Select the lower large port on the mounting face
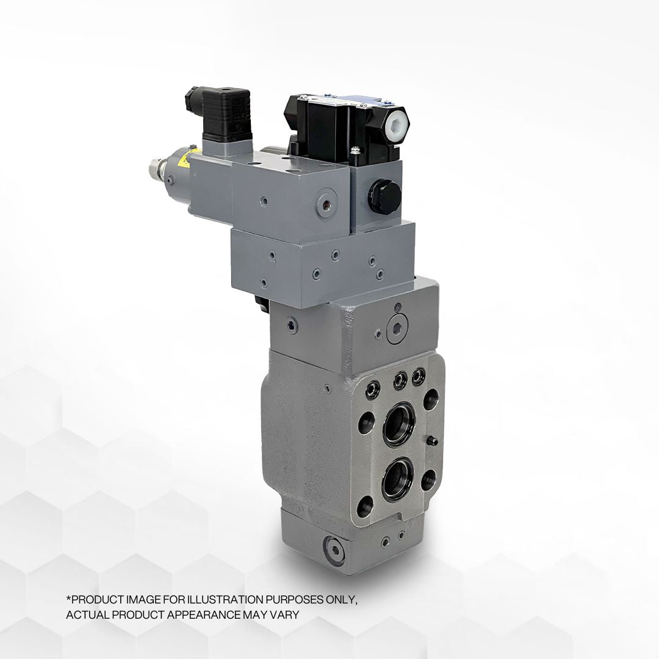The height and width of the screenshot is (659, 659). point(398,477)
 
